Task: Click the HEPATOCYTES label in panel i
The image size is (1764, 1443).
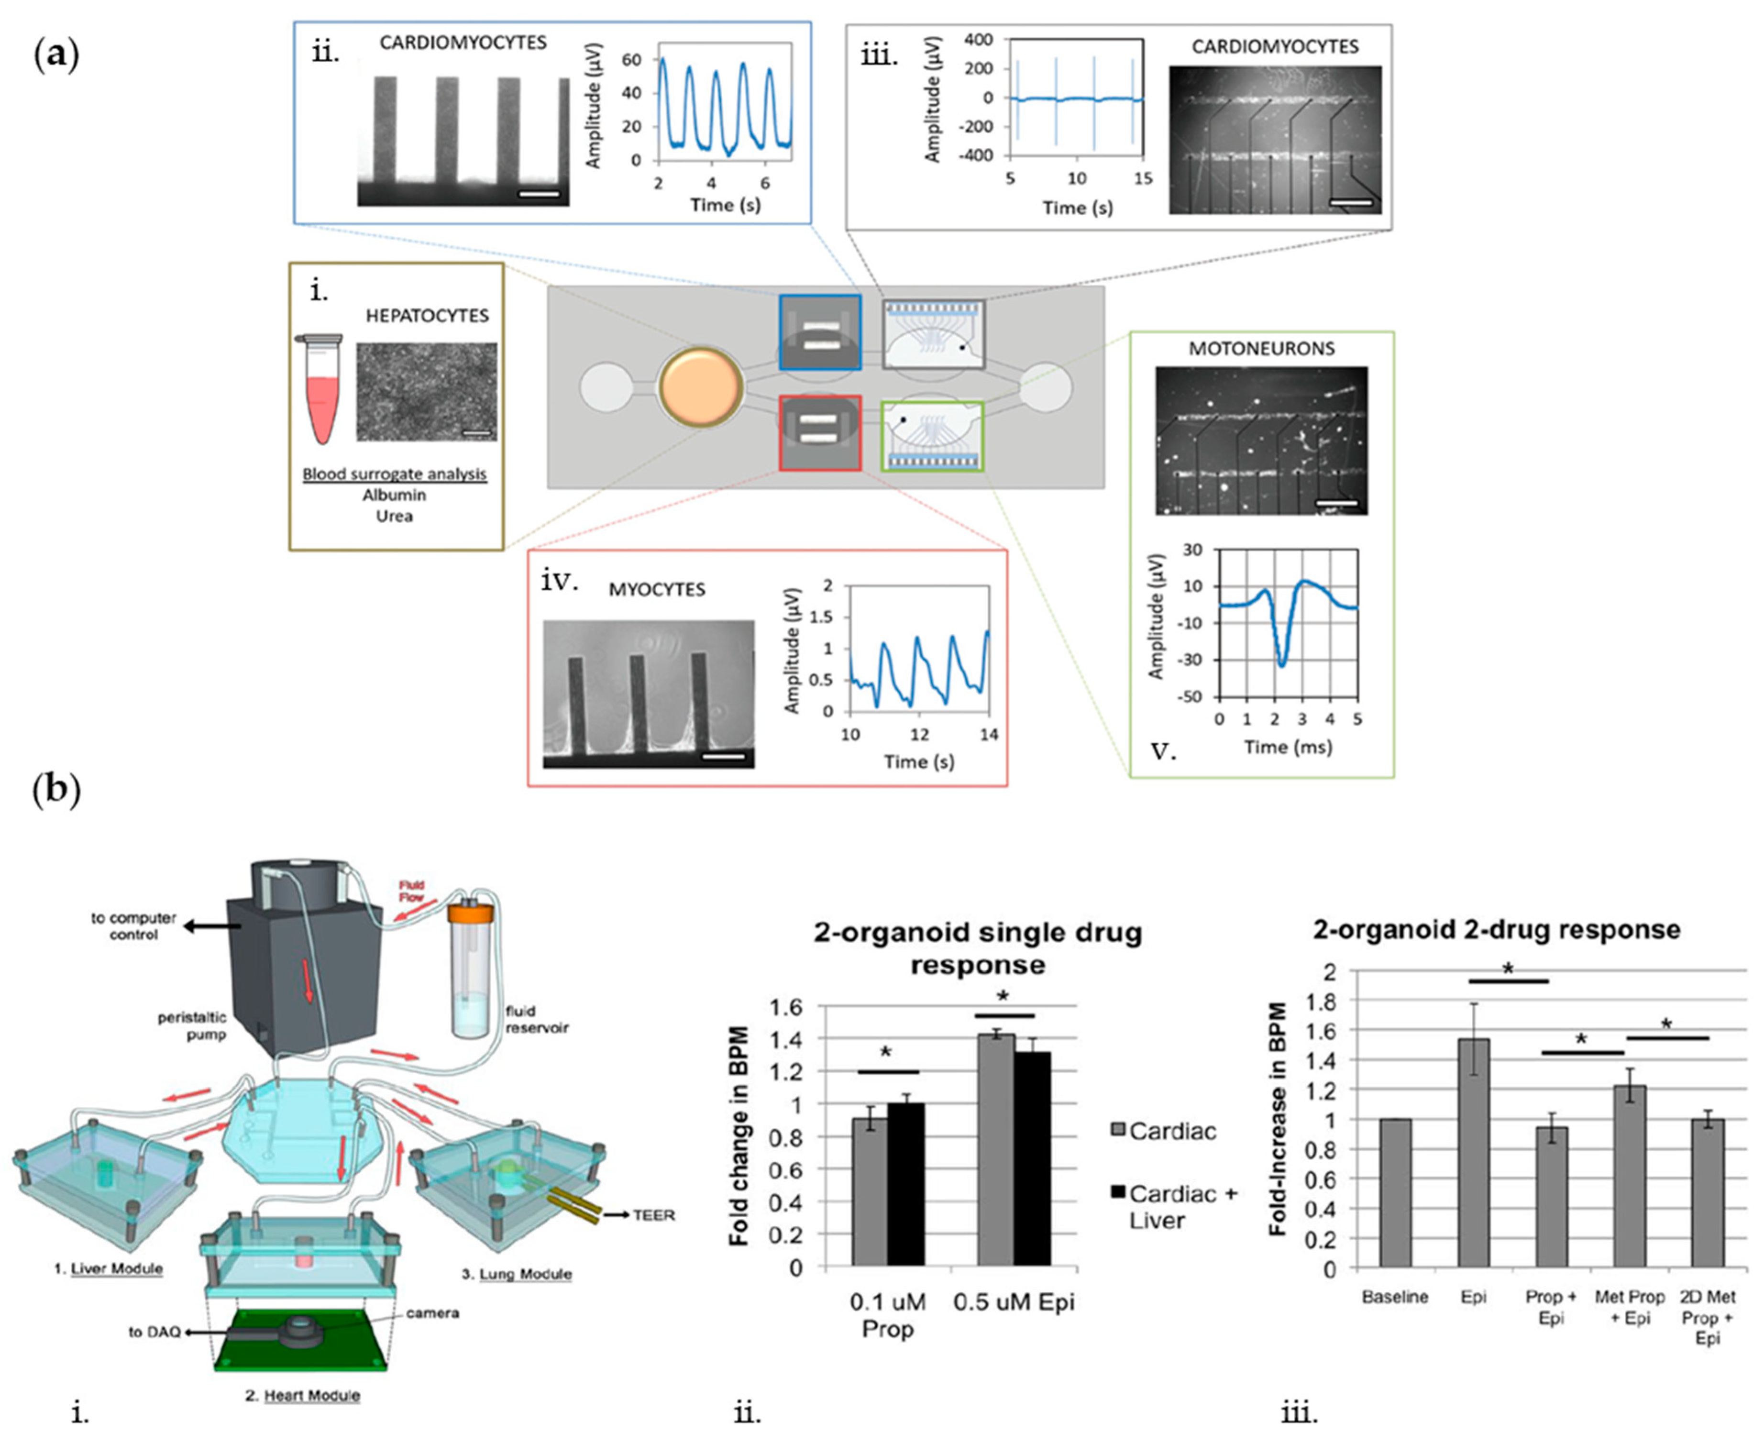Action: tap(427, 316)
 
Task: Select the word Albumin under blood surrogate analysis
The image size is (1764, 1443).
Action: tap(394, 495)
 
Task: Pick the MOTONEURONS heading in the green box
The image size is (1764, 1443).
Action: tap(1261, 348)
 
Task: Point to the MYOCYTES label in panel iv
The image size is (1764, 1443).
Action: tap(657, 589)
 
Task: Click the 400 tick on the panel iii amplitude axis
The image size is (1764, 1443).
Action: tap(979, 40)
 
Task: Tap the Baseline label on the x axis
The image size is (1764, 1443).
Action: tap(1394, 1297)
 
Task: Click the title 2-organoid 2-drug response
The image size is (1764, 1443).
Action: tap(1496, 929)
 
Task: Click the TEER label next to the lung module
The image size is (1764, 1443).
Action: tap(653, 1215)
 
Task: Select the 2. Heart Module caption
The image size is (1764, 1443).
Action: tap(303, 1396)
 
